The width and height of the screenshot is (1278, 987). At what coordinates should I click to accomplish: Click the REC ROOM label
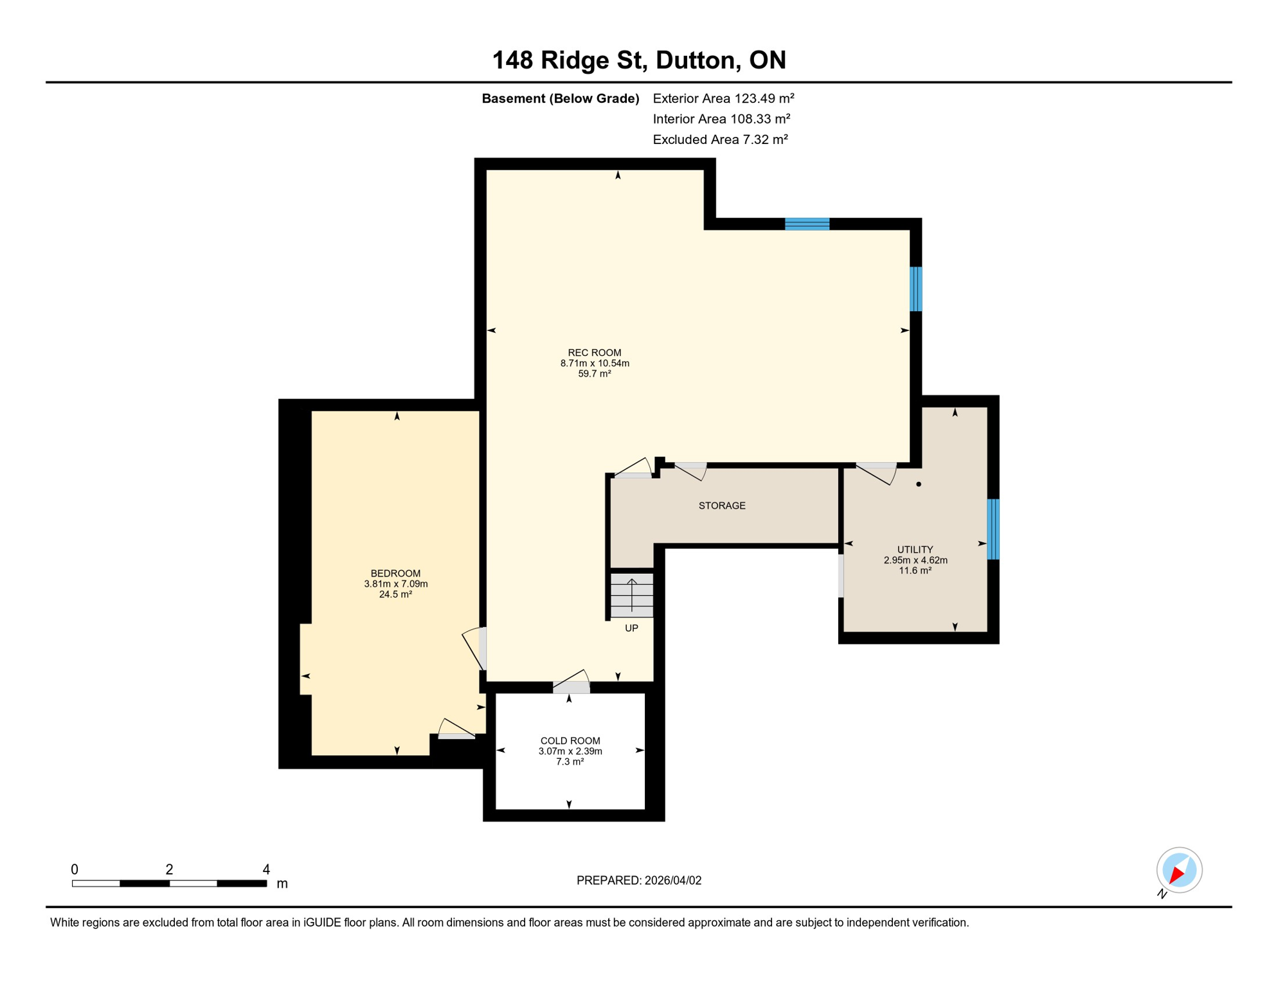pyautogui.click(x=594, y=352)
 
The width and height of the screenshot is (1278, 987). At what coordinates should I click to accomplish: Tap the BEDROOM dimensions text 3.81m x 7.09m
pyautogui.click(x=395, y=583)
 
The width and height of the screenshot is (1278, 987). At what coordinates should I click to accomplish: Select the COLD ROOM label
pyautogui.click(x=570, y=740)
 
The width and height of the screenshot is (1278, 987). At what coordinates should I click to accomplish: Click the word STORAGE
pyautogui.click(x=721, y=506)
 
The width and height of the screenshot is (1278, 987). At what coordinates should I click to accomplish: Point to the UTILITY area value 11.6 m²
pyautogui.click(x=915, y=570)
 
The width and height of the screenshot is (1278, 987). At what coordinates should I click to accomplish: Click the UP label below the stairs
pyautogui.click(x=631, y=628)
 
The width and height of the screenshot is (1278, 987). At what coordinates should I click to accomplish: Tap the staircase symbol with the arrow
pyautogui.click(x=631, y=595)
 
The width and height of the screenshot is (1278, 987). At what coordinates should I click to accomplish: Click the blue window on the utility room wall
pyautogui.click(x=993, y=529)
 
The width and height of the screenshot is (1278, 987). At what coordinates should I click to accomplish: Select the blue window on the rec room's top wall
pyautogui.click(x=807, y=224)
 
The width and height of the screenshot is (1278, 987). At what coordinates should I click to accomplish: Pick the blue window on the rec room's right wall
pyautogui.click(x=915, y=289)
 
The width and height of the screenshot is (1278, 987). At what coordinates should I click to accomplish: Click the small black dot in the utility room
pyautogui.click(x=918, y=484)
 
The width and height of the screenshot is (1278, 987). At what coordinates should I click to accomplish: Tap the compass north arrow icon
pyautogui.click(x=1178, y=870)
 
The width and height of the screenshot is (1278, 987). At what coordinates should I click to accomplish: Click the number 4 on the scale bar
pyautogui.click(x=266, y=869)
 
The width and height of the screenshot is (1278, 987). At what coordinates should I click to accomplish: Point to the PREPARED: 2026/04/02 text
pyautogui.click(x=638, y=880)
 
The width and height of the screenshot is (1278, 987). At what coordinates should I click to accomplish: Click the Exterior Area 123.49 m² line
pyautogui.click(x=723, y=98)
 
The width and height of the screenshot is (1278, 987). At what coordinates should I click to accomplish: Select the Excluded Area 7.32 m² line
pyautogui.click(x=720, y=139)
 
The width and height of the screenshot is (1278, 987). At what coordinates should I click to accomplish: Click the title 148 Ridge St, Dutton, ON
pyautogui.click(x=638, y=60)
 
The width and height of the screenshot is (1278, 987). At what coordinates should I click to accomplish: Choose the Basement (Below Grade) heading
pyautogui.click(x=560, y=98)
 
